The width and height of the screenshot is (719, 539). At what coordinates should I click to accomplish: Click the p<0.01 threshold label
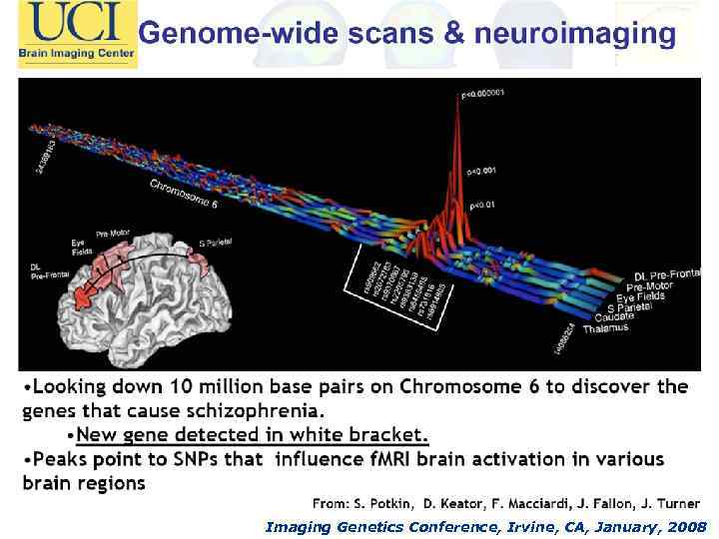tap(482, 205)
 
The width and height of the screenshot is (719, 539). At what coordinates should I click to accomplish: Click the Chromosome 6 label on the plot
tap(184, 196)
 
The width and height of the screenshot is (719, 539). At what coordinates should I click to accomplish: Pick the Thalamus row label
tap(606, 327)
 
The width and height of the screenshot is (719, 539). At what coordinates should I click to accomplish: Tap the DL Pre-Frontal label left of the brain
tap(50, 270)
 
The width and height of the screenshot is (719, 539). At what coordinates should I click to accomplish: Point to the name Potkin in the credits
tap(384, 505)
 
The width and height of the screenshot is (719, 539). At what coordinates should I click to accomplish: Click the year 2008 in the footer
tap(686, 526)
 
